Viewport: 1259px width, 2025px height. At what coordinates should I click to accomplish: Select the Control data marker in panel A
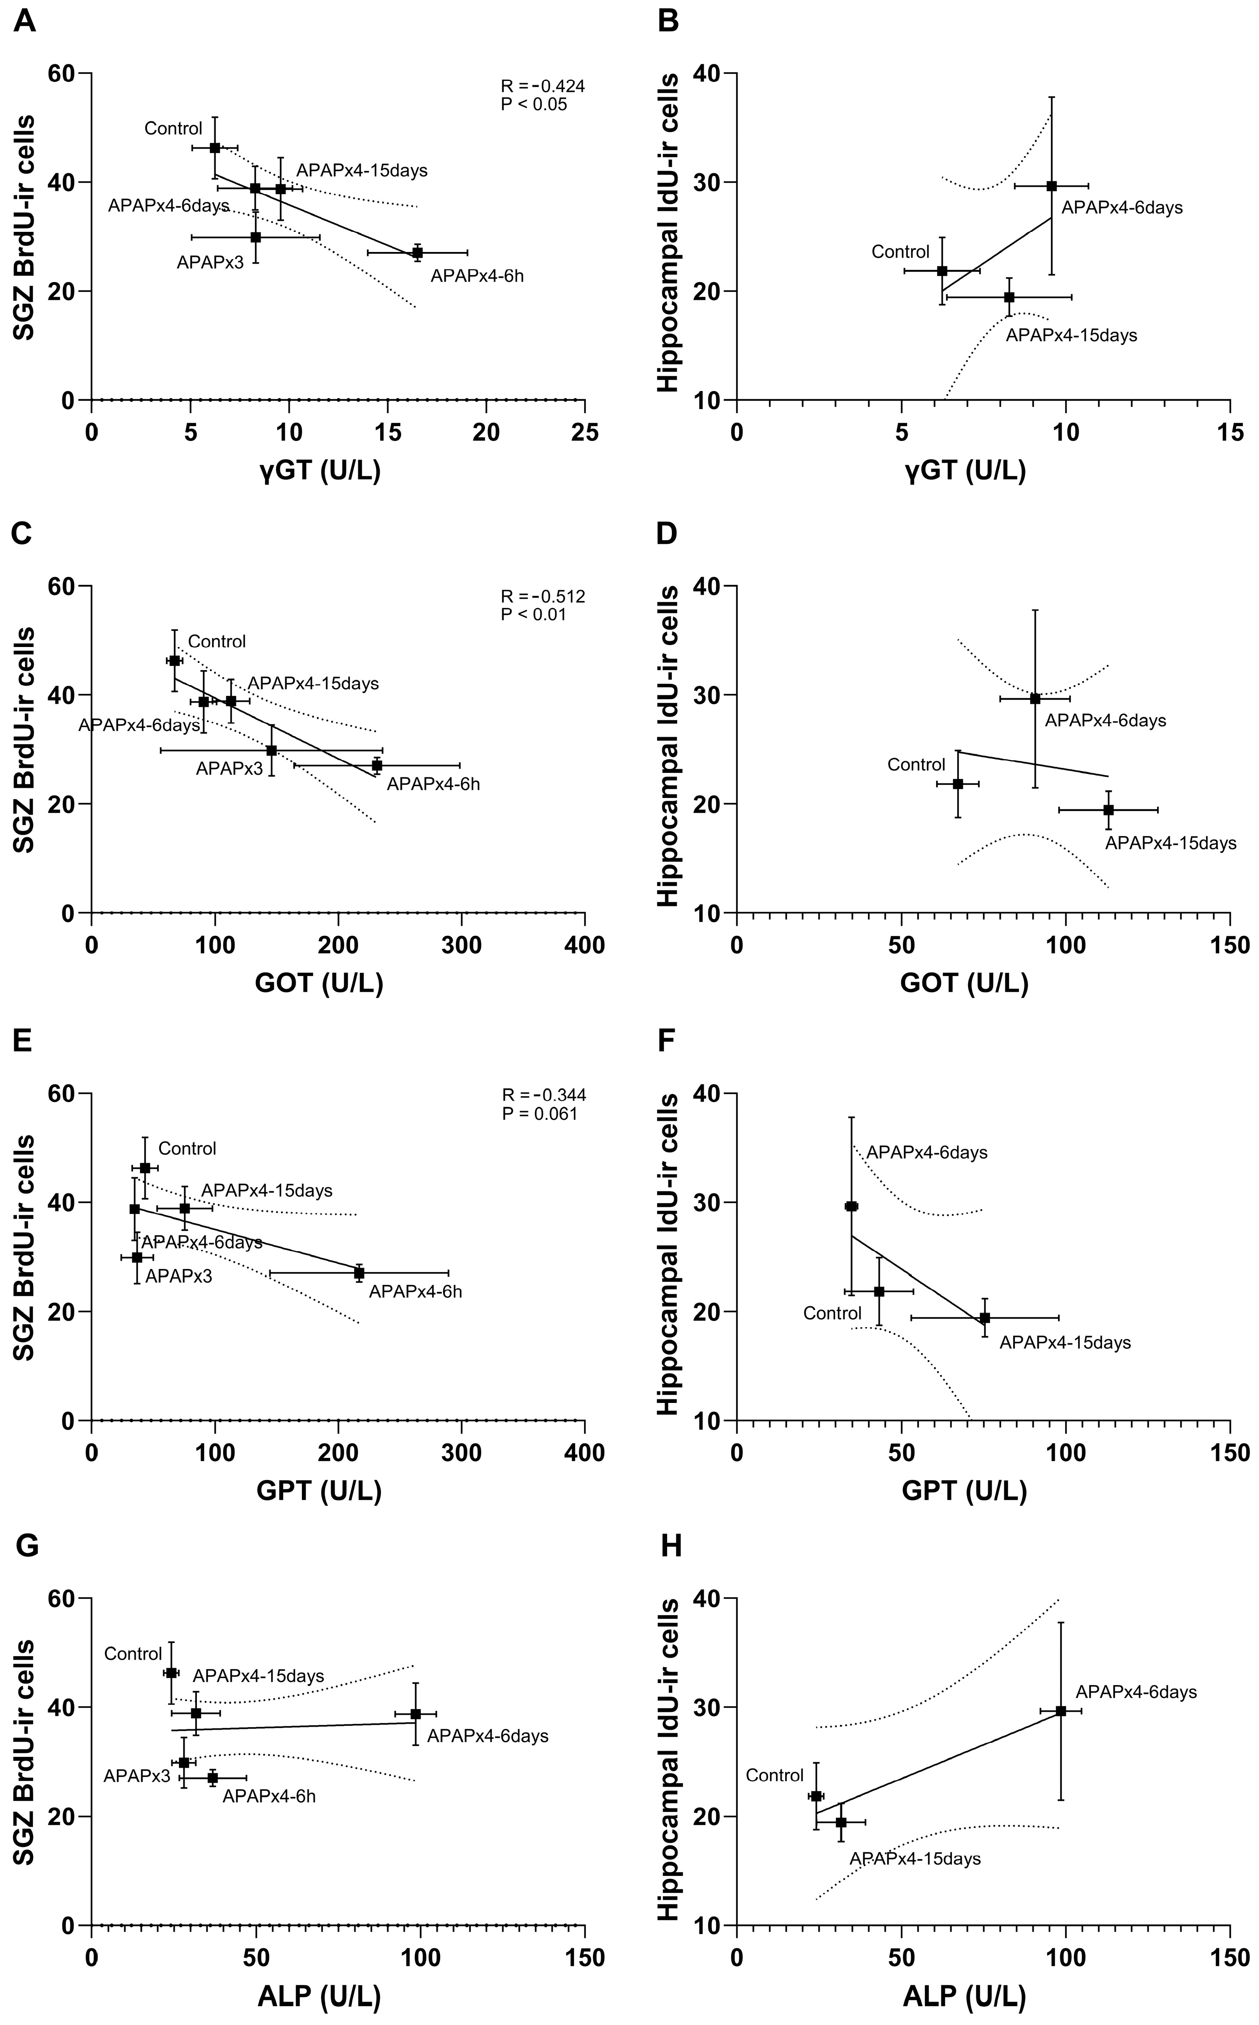tap(215, 147)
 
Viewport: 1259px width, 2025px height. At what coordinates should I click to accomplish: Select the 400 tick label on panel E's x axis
tap(584, 1452)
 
